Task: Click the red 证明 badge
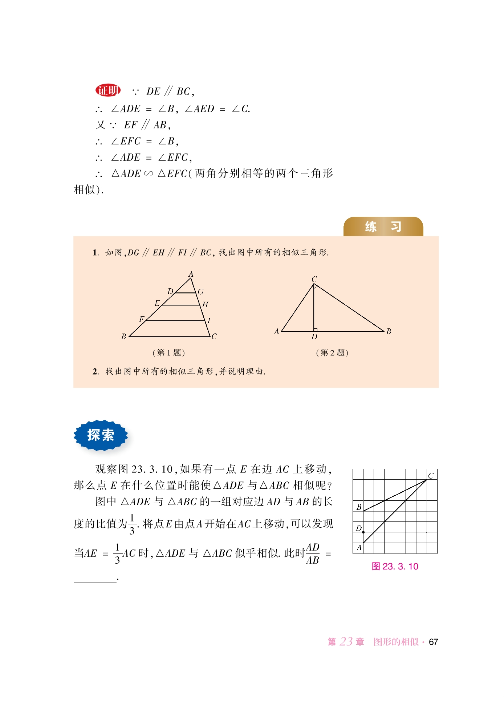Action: [x=108, y=91]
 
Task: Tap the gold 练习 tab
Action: [x=383, y=227]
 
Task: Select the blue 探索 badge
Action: [x=101, y=435]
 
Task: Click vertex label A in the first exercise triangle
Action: [x=191, y=274]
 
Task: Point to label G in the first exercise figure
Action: [x=201, y=292]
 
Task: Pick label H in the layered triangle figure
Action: [x=205, y=305]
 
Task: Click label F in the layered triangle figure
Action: [x=142, y=319]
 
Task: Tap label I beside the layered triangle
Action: [x=209, y=320]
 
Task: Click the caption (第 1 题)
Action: [x=168, y=353]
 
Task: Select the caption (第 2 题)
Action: [x=332, y=353]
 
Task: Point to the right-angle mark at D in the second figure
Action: [x=316, y=330]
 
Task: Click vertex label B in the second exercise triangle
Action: [x=389, y=331]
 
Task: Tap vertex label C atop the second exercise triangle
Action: [x=314, y=279]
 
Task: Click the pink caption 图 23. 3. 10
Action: [x=395, y=566]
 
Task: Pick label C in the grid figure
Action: [x=431, y=476]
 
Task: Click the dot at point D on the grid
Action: [x=363, y=532]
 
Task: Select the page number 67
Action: [x=433, y=642]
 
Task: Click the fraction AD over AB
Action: [x=312, y=554]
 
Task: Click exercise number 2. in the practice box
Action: [x=95, y=372]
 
